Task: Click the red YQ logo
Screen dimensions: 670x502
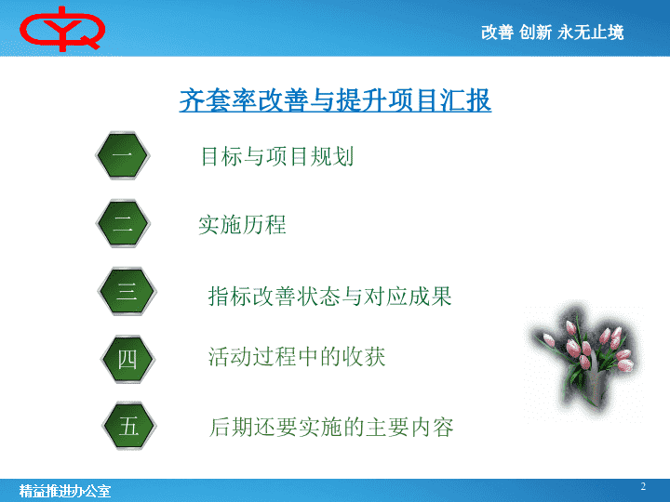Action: [62, 29]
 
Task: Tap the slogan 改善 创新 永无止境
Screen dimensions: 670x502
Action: [552, 33]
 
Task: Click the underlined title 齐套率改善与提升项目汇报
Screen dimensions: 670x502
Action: [335, 100]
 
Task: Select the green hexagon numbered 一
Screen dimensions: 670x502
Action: [123, 155]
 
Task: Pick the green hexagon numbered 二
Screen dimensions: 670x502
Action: [123, 223]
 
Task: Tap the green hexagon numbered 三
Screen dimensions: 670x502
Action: [127, 292]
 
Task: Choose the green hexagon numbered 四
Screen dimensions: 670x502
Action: [127, 359]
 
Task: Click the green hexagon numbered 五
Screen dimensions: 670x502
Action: [128, 426]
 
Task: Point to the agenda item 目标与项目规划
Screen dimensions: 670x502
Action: [277, 156]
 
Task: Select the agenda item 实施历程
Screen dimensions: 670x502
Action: [242, 225]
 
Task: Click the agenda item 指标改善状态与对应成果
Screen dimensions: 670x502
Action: [329, 297]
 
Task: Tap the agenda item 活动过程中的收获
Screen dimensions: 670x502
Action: [297, 357]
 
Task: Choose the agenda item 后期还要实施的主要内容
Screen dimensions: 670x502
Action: [331, 428]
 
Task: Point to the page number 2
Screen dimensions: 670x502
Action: [643, 486]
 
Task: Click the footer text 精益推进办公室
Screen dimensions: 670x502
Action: [64, 491]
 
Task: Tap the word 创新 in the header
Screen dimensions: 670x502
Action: [535, 33]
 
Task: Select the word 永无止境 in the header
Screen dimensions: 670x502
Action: [591, 33]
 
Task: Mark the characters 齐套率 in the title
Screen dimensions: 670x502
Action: [218, 100]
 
